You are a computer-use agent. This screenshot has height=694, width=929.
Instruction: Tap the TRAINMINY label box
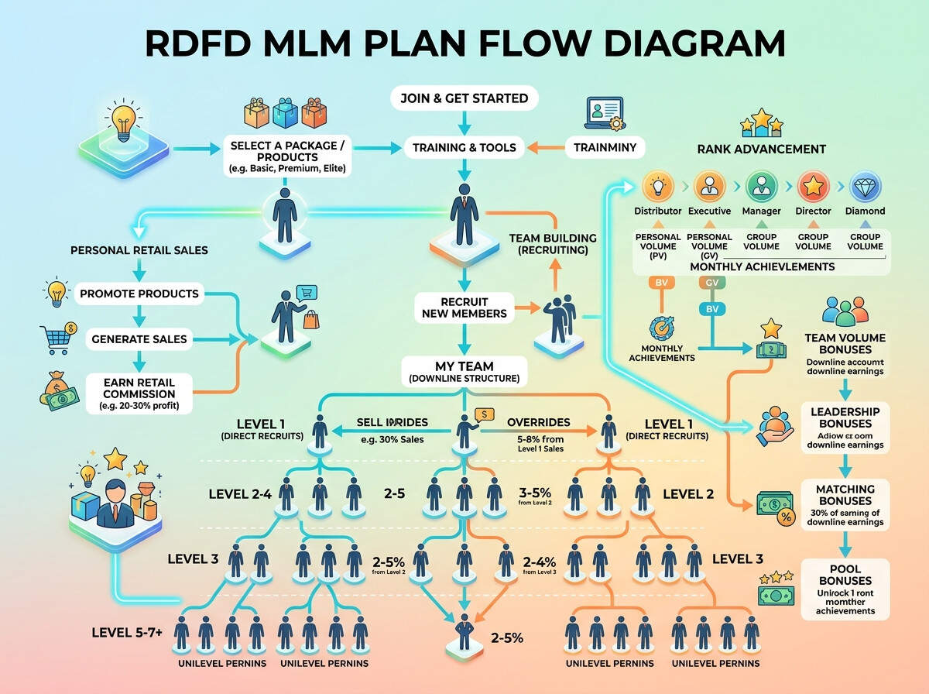pos(605,146)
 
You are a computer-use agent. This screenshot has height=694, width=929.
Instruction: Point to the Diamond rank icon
pos(865,187)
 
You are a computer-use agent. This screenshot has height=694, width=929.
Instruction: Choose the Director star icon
pos(813,187)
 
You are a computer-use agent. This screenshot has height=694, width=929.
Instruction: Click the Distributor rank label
pos(658,211)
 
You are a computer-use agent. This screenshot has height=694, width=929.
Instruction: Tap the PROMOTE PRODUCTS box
pos(139,294)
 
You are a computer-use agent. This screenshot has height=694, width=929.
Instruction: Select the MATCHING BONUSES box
pos(845,504)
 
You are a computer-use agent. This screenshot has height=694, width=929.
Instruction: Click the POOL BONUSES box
pos(845,589)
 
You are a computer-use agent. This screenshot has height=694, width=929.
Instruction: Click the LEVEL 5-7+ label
pos(127,633)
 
